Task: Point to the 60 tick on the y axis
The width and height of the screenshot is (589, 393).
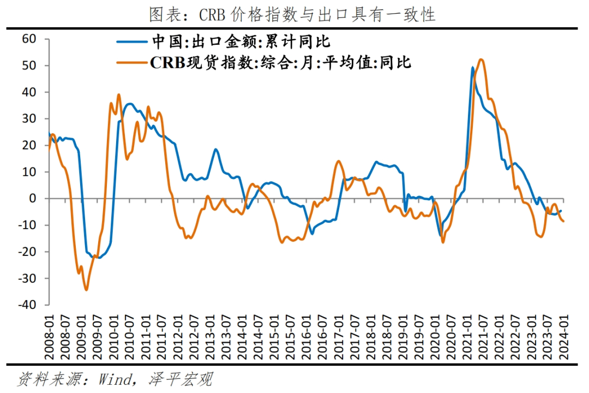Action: (28, 39)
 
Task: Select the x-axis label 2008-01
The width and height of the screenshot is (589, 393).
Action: (49, 334)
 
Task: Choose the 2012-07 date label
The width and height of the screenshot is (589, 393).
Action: (194, 334)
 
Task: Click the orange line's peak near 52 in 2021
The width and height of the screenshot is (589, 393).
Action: (480, 59)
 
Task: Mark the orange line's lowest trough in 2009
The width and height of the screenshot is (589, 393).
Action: (86, 290)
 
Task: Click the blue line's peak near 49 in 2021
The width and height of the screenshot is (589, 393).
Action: (472, 68)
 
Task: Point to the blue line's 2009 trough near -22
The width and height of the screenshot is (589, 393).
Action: (98, 258)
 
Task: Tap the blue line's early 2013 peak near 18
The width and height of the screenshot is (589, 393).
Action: (216, 149)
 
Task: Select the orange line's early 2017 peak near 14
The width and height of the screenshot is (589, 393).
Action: (338, 161)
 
